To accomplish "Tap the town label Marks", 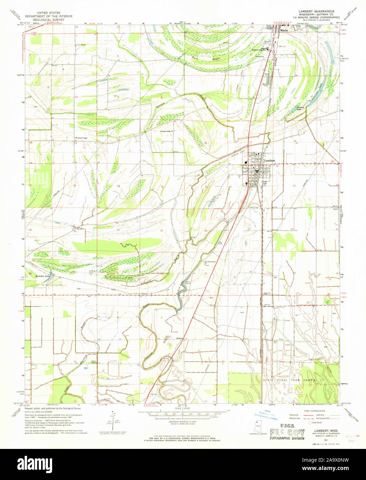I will click(284, 30).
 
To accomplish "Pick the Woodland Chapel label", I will click(83, 138).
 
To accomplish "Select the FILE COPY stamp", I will click(287, 433).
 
